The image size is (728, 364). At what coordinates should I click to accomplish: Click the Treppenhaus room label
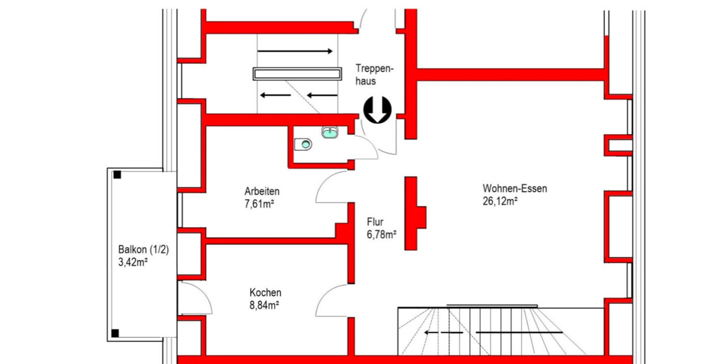(375, 73)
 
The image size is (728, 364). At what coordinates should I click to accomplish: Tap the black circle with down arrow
(377, 110)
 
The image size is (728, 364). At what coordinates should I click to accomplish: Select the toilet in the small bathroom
(303, 144)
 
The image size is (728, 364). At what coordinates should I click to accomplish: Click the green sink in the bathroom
(330, 132)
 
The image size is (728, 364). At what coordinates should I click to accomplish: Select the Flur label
(376, 222)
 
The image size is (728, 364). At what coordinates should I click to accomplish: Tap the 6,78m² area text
(382, 234)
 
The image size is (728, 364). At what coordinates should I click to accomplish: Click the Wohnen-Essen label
(515, 189)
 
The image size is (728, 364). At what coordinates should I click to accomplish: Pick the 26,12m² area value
(499, 200)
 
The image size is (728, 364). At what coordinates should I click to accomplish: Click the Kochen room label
(265, 292)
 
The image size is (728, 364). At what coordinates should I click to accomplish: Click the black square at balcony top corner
(117, 175)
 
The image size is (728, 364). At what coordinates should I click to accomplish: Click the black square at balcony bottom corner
(116, 332)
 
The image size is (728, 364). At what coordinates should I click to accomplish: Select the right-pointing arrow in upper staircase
(295, 52)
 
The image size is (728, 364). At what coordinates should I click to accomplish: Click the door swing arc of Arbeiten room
(331, 185)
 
